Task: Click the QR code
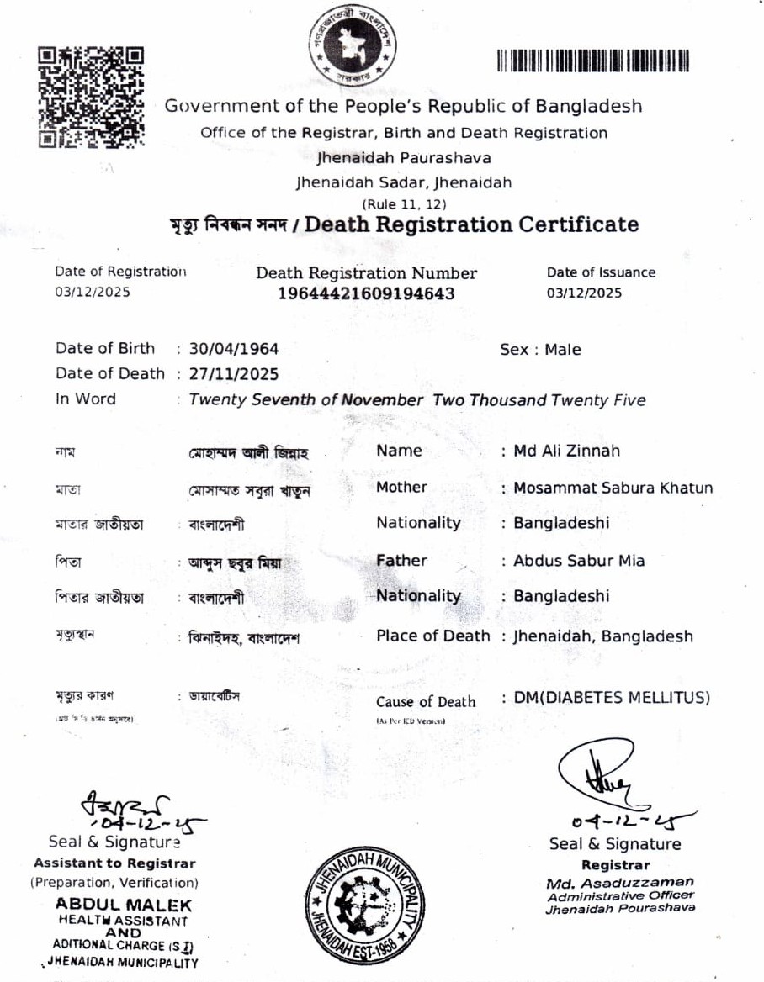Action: point(91,97)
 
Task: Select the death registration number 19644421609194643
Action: point(366,293)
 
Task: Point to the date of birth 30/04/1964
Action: point(234,349)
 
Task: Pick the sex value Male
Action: point(563,350)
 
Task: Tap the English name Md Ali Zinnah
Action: point(566,451)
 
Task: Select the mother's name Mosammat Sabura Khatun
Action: point(613,488)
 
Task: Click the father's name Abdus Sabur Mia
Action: point(579,560)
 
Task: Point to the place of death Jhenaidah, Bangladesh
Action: point(602,636)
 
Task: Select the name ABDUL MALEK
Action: point(124,905)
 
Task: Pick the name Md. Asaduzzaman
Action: point(620,882)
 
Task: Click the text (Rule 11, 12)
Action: point(404,203)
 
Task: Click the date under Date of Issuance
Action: point(584,293)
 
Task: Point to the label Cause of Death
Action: point(426,702)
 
